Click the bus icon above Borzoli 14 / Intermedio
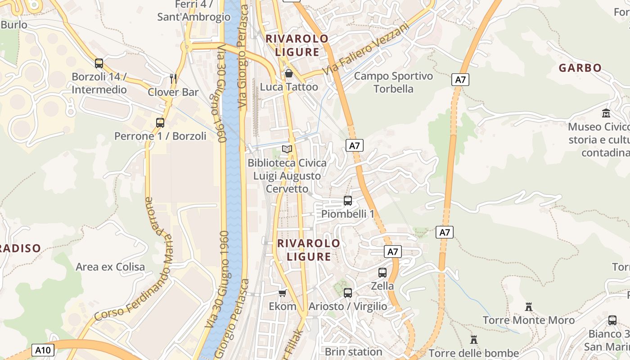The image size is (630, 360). coord(99,63)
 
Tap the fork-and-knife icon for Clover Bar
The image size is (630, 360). coord(173,78)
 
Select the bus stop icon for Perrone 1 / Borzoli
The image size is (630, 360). coord(160,122)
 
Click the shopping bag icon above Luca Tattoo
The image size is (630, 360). coord(289,73)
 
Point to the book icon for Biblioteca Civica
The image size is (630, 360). coord(287,149)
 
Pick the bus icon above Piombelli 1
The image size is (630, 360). coord(348,201)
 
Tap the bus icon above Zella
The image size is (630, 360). coord(382,272)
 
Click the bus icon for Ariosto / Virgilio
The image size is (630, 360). coord(348,293)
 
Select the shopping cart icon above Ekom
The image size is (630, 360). coord(282,293)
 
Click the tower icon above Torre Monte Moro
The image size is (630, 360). coord(529,307)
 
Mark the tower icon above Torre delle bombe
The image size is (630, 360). coord(474,339)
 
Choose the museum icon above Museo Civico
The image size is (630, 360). coord(606,113)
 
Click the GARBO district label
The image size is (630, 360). coord(580,68)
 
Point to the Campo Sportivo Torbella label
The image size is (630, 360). coord(393,82)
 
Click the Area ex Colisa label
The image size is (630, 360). coord(110,267)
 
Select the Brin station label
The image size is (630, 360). coord(353,351)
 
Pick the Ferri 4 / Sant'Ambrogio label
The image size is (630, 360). coord(194,11)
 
